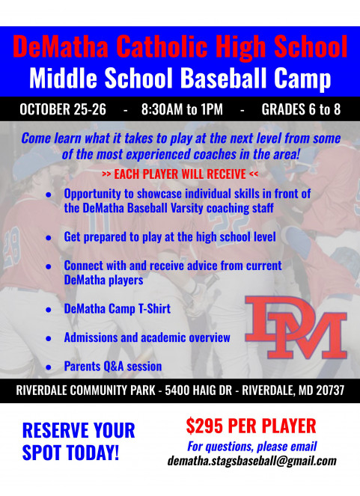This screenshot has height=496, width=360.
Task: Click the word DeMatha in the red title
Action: pos(61,46)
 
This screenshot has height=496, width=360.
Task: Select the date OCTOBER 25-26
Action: pos(63,109)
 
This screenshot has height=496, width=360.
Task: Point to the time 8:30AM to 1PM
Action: pos(182,109)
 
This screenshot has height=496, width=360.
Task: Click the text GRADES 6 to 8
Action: pos(301,109)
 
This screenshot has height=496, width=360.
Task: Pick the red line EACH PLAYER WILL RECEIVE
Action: pos(180,174)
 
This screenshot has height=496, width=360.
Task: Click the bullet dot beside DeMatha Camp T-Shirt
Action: pos(49,310)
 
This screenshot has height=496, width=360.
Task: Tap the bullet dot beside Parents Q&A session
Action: pos(49,367)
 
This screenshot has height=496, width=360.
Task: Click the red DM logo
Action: pos(296,327)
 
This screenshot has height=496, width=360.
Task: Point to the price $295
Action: pos(204,426)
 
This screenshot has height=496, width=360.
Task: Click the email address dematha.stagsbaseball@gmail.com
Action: pos(252,461)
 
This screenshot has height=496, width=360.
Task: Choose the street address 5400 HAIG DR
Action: pos(198,391)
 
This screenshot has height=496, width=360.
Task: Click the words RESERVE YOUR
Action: pos(79,430)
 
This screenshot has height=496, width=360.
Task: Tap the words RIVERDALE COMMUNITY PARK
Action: pos(86,391)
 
